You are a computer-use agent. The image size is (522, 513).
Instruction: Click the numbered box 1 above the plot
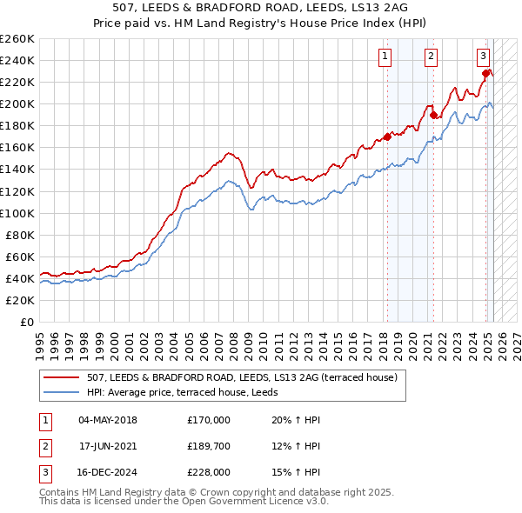[385, 57]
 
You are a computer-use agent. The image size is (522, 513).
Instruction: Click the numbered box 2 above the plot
[431, 57]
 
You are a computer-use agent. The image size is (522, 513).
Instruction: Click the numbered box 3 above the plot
[482, 57]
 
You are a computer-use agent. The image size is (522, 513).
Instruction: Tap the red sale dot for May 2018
[387, 137]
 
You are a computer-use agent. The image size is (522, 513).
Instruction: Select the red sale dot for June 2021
[432, 115]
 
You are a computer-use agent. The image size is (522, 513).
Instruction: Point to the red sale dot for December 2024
[487, 73]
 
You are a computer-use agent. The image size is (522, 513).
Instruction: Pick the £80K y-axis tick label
[20, 235]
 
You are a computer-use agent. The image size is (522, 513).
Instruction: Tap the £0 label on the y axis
[27, 322]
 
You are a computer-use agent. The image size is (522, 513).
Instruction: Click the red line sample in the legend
[61, 377]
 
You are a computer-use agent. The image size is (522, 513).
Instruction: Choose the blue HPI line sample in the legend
[61, 391]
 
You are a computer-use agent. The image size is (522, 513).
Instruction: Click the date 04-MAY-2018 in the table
[108, 420]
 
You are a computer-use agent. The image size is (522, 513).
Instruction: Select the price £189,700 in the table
[208, 447]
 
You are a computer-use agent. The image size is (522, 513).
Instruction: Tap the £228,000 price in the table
[208, 474]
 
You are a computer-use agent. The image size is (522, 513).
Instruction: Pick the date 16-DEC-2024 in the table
[108, 474]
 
